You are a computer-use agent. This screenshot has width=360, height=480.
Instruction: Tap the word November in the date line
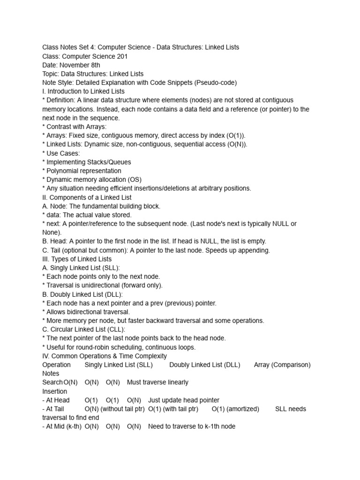(75, 65)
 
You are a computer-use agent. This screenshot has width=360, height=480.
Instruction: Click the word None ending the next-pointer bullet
(50, 232)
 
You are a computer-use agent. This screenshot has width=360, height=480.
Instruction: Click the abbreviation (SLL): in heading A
(110, 268)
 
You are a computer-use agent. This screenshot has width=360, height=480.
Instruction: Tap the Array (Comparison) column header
(282, 365)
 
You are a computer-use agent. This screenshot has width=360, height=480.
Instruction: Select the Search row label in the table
(52, 382)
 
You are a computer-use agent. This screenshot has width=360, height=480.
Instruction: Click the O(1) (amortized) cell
(235, 409)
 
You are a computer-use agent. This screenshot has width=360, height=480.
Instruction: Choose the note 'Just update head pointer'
(184, 400)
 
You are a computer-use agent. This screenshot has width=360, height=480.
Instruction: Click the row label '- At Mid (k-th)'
(61, 427)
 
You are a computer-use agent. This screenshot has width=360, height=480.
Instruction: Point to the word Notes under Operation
(51, 374)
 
